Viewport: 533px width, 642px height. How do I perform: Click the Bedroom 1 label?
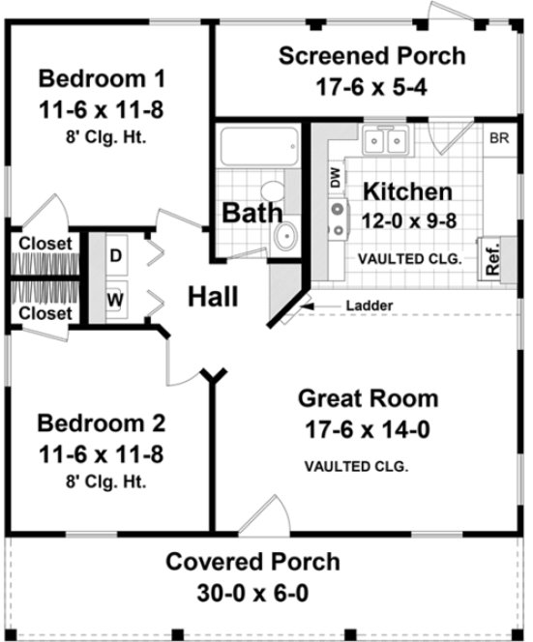click(x=100, y=77)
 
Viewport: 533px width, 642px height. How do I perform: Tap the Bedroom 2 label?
click(x=100, y=423)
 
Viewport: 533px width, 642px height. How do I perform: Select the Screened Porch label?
click(x=370, y=55)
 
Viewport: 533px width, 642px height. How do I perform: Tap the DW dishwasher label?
click(x=336, y=178)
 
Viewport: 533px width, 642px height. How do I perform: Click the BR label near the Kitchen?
click(x=499, y=138)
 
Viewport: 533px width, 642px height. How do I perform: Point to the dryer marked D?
click(x=115, y=256)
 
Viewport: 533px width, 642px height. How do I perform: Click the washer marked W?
click(x=115, y=299)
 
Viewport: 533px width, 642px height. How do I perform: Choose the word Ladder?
click(x=369, y=307)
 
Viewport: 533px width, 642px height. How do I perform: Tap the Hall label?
click(x=212, y=295)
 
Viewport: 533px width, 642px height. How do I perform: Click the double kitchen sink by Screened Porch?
click(x=390, y=142)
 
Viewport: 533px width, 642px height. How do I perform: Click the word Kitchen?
click(x=404, y=191)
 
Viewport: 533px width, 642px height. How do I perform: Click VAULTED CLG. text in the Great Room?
click(x=356, y=466)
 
